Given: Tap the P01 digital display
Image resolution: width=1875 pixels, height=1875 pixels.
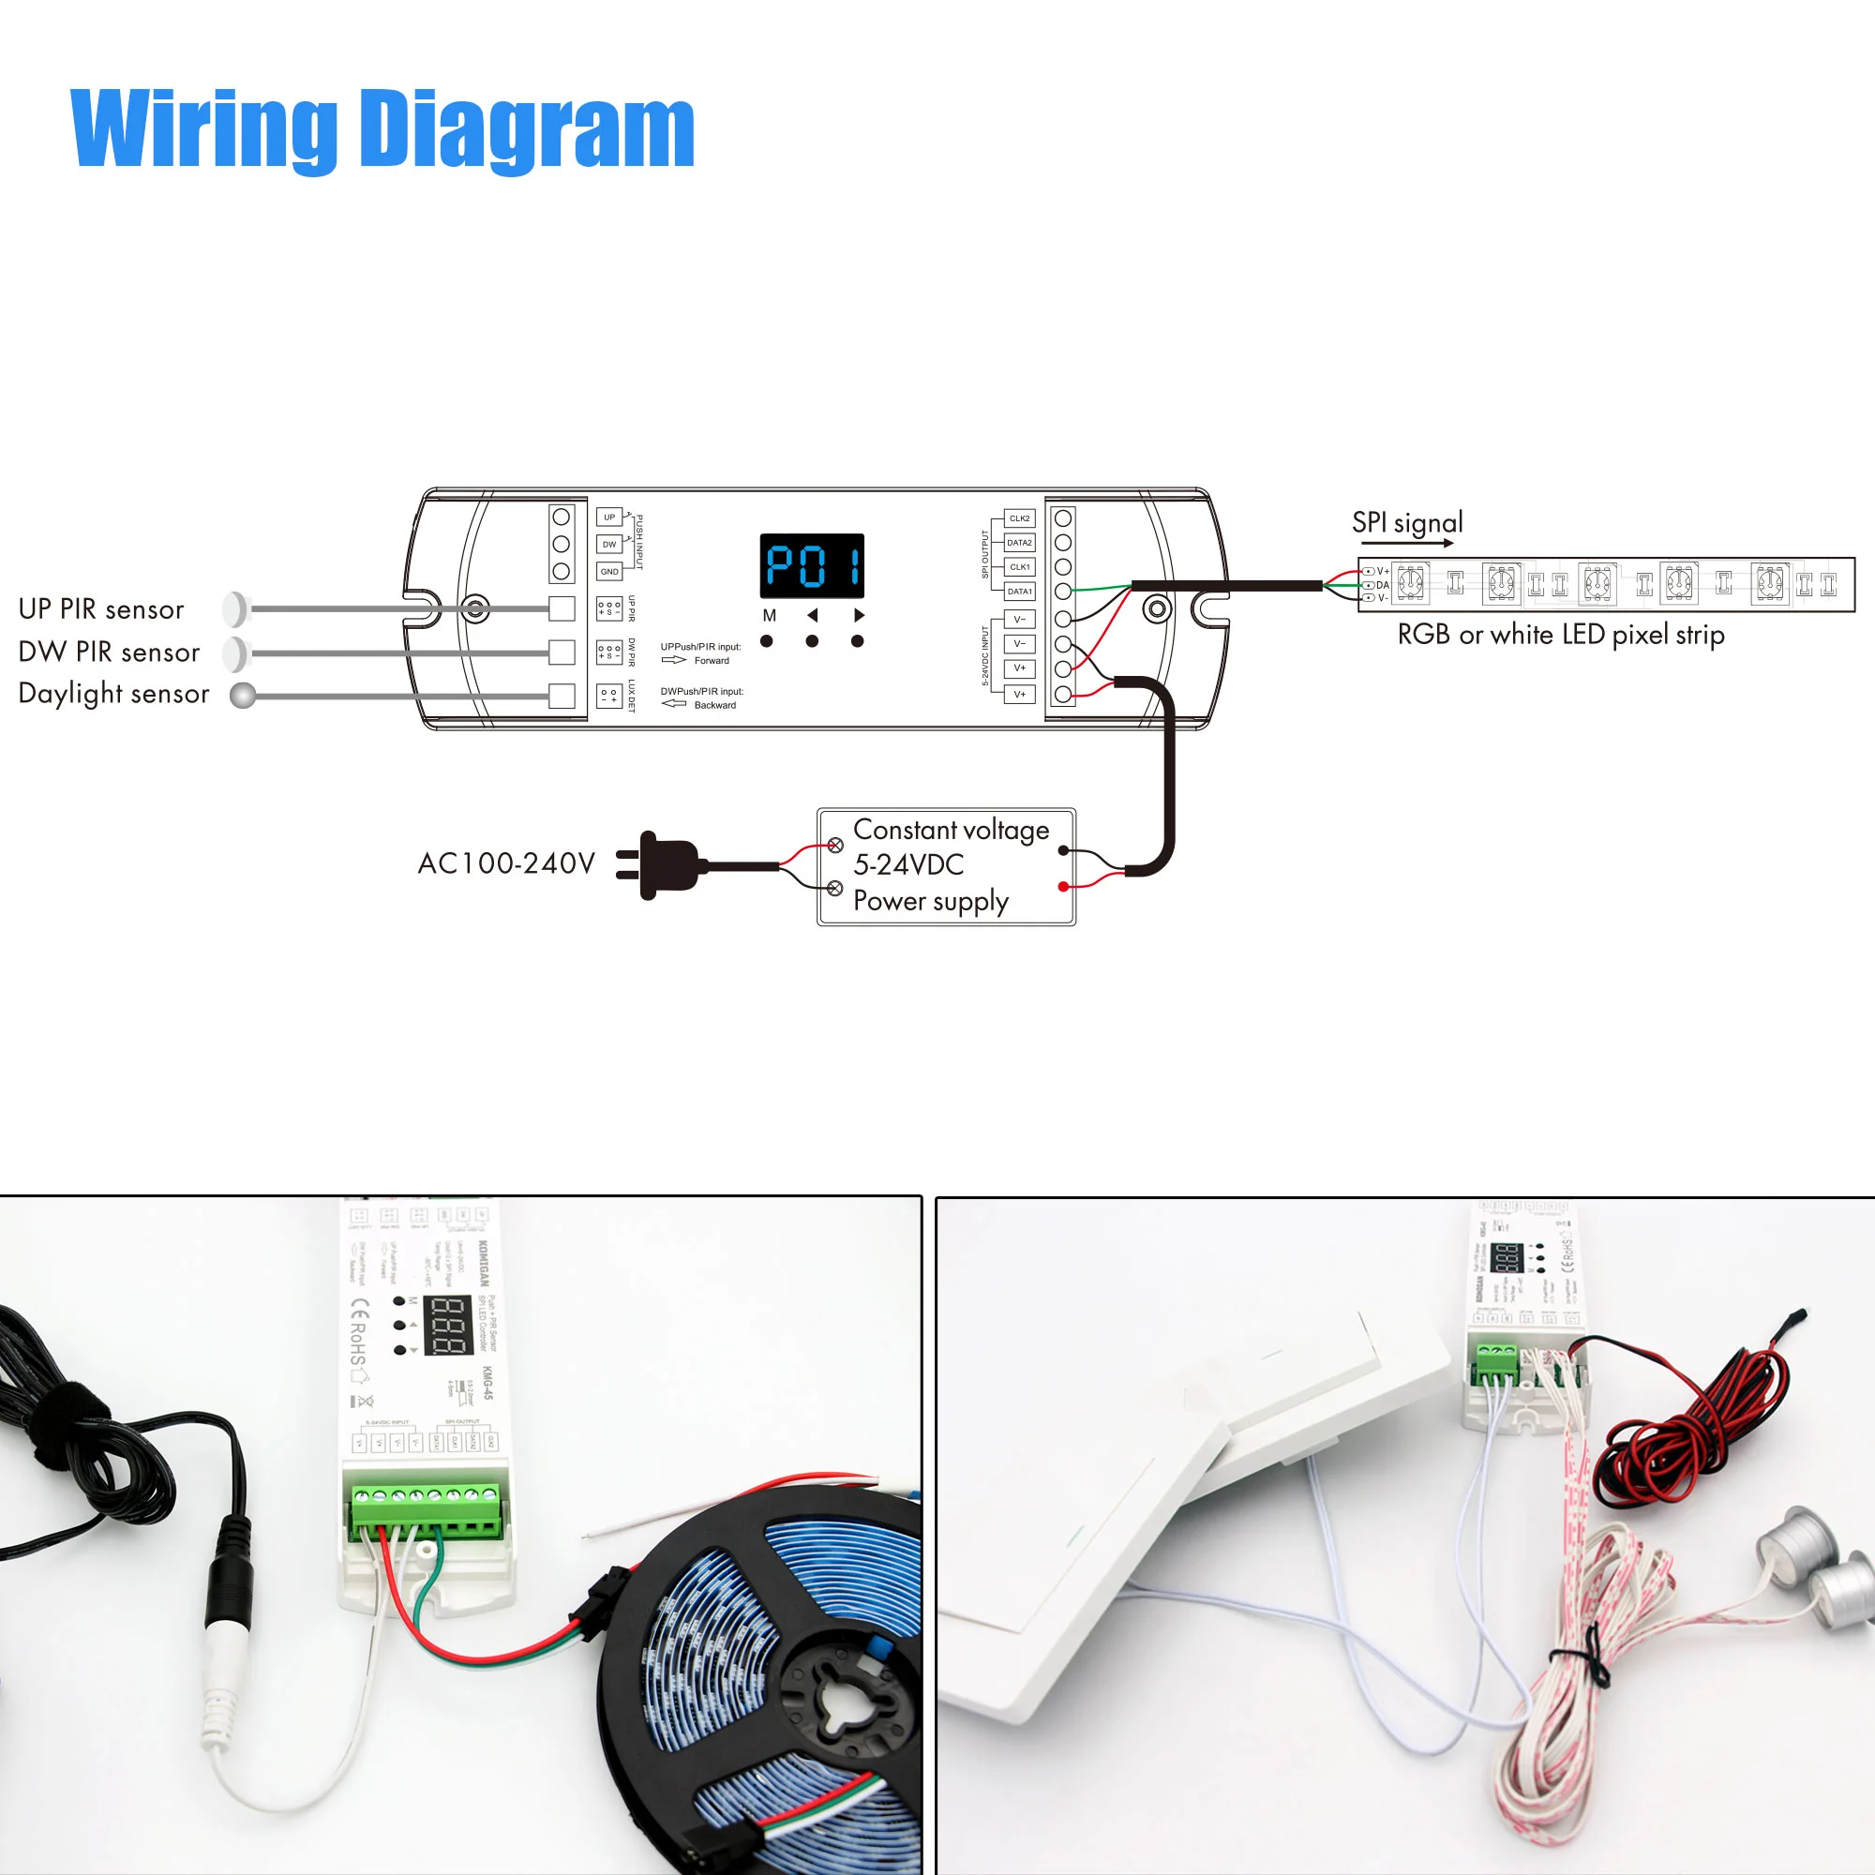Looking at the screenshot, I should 811,566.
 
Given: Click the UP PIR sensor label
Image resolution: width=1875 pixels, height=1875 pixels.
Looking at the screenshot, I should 101,609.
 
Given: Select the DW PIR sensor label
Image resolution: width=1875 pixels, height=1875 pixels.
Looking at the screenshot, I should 109,652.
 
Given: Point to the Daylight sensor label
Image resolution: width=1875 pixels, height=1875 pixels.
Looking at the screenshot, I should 113,694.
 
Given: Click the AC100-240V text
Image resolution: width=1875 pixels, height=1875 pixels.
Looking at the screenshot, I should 505,863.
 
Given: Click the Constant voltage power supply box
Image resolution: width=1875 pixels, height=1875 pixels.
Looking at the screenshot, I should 946,866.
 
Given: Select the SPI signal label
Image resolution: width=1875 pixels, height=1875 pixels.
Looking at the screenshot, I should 1407,523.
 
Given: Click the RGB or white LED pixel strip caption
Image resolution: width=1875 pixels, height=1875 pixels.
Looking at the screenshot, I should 1561,635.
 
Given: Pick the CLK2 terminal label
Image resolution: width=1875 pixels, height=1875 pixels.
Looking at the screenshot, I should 1019,518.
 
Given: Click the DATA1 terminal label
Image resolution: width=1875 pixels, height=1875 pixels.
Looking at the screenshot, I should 1019,591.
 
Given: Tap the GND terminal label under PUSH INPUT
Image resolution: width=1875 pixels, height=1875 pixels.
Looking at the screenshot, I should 608,572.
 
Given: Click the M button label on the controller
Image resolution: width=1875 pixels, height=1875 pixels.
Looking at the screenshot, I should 769,615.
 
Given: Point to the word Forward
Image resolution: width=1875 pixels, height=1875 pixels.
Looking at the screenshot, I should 712,661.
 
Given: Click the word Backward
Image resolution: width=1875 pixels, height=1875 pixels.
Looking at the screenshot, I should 714,706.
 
